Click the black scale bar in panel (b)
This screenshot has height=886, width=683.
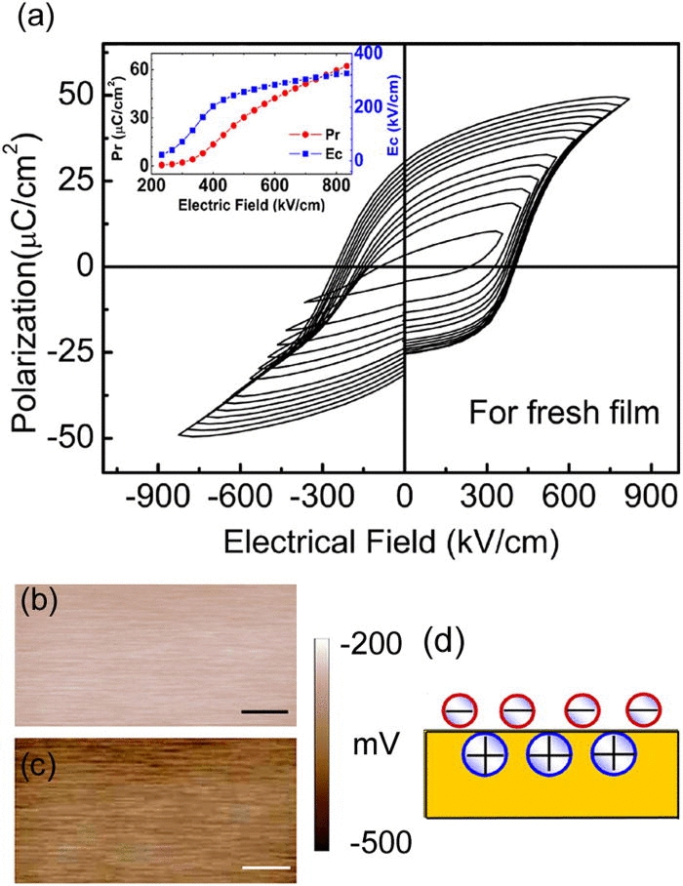(x=263, y=712)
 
